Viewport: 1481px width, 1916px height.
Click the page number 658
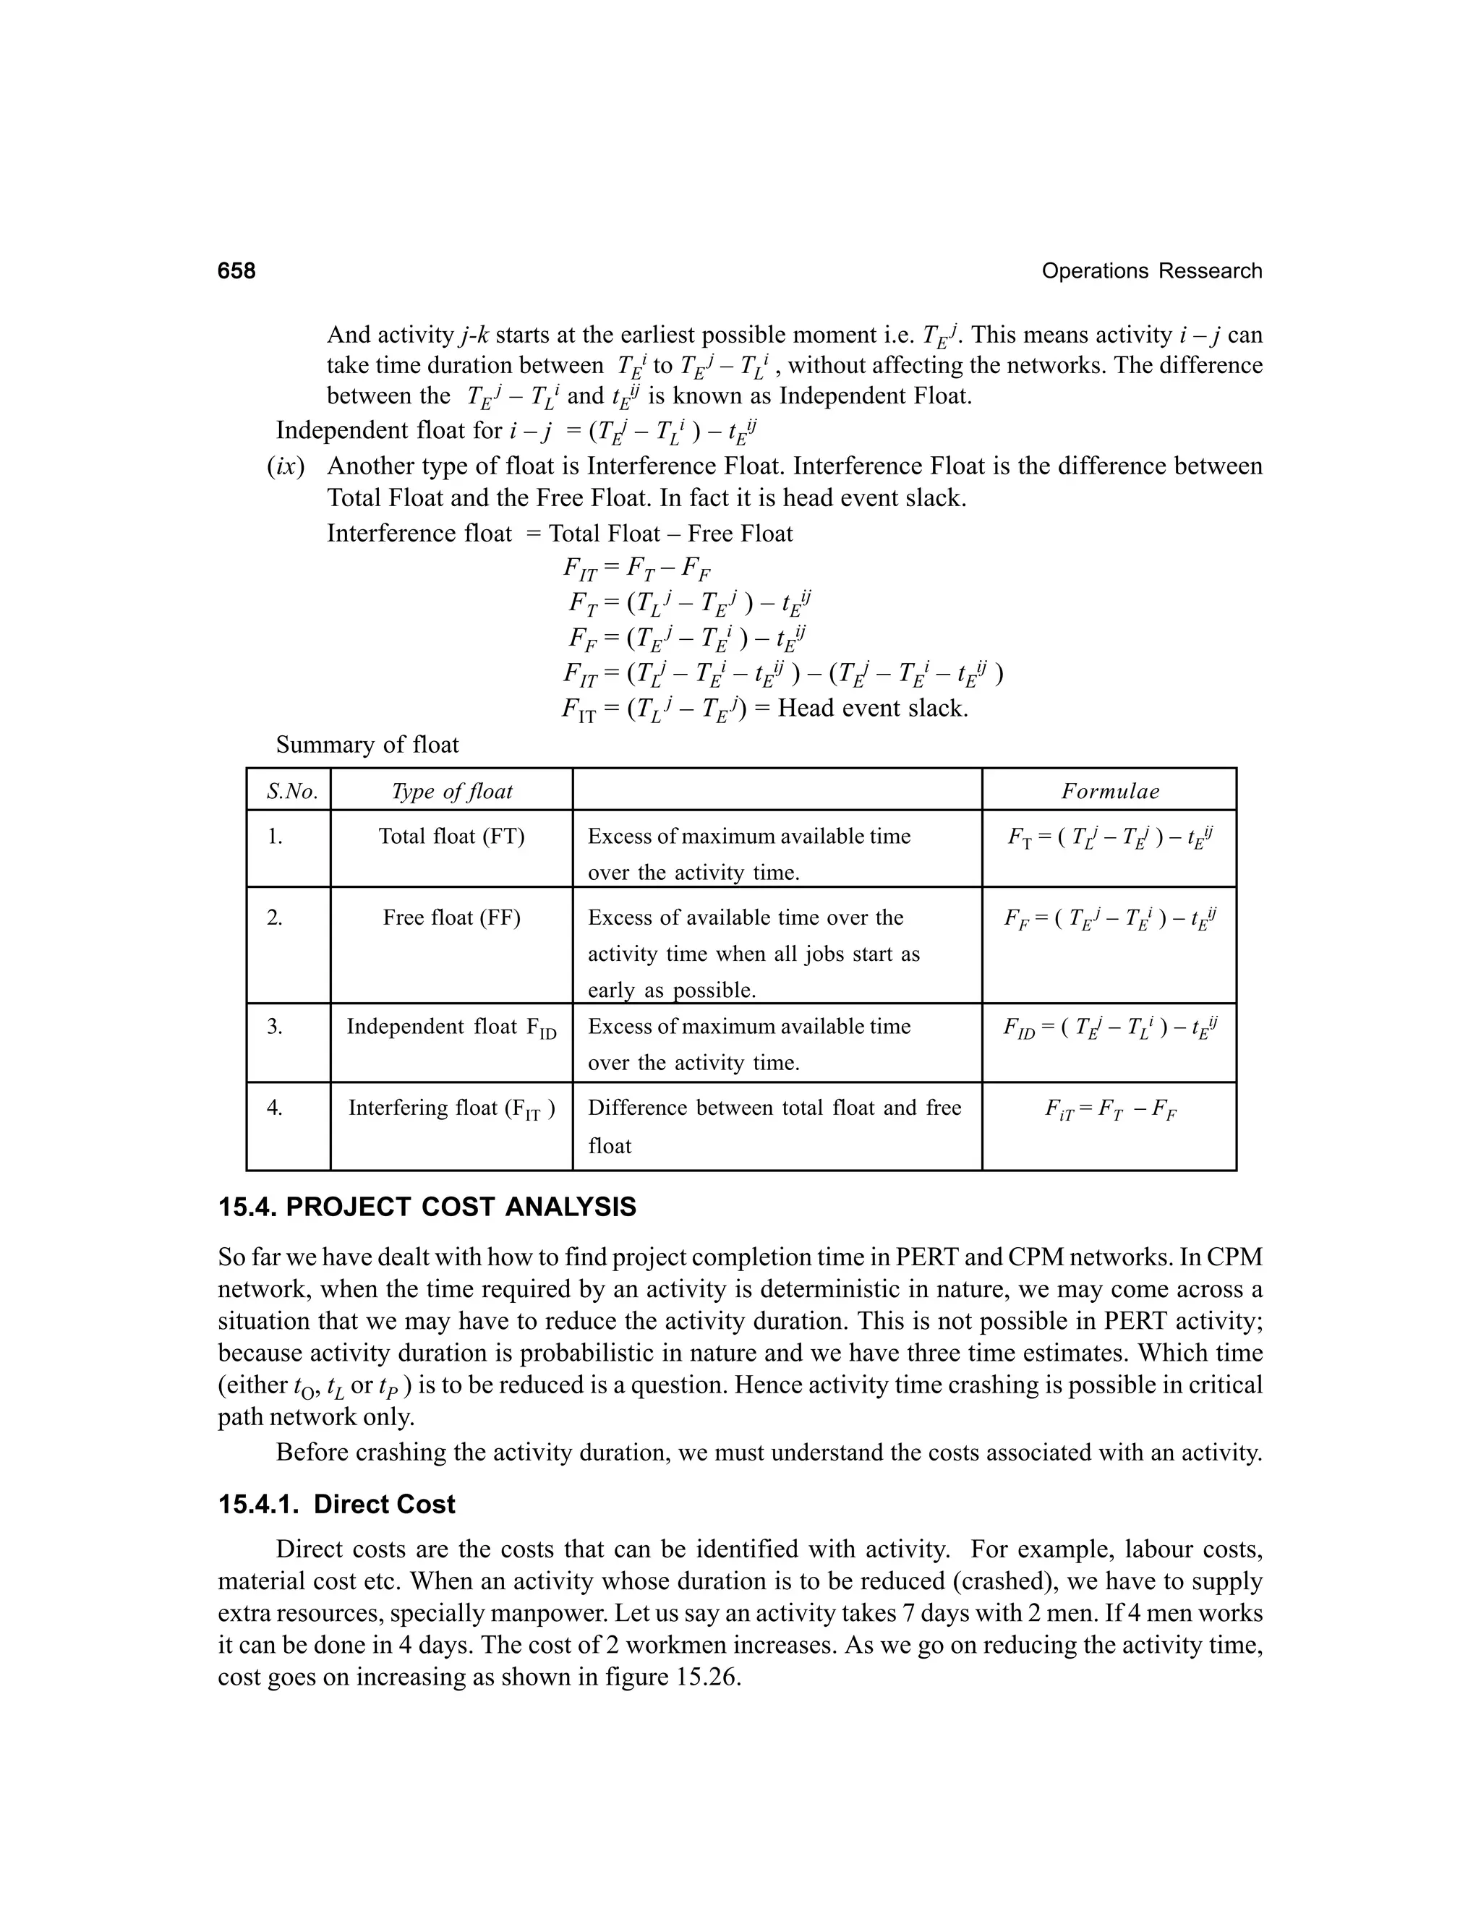(x=237, y=271)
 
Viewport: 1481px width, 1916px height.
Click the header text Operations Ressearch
(x=1151, y=271)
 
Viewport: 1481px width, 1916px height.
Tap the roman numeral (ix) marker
(x=286, y=467)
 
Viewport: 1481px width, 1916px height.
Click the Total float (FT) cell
(x=451, y=837)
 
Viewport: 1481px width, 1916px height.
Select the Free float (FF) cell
(x=451, y=918)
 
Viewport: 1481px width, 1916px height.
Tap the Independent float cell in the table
(x=451, y=1027)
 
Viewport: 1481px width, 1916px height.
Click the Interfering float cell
(x=451, y=1109)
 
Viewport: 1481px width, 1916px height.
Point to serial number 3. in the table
(x=275, y=1027)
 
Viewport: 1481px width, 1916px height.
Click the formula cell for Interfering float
(x=1110, y=1111)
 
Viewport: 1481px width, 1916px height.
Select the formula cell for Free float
(x=1110, y=920)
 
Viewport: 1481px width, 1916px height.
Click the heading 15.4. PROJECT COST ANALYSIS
(x=427, y=1207)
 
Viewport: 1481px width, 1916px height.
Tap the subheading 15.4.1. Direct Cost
(x=336, y=1505)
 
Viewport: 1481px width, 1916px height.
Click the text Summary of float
(x=367, y=745)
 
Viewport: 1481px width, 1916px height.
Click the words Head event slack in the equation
(x=871, y=708)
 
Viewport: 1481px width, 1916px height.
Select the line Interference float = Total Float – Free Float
(x=559, y=534)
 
